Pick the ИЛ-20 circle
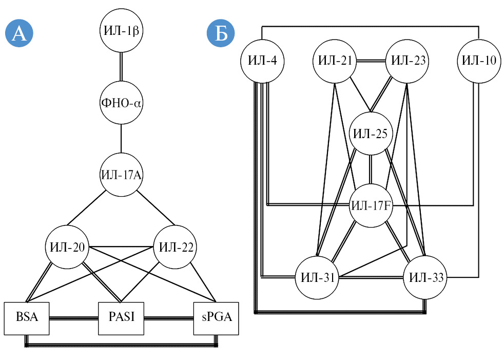[67, 247]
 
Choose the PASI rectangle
[121, 317]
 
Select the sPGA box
[216, 317]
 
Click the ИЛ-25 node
[371, 134]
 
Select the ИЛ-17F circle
[371, 206]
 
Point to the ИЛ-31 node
[317, 278]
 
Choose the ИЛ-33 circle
[425, 278]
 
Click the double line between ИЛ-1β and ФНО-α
[121, 67]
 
